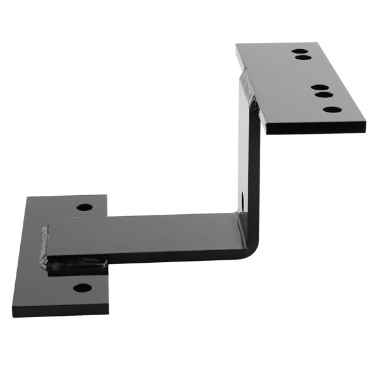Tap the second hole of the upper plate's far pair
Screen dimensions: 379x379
pos(303,58)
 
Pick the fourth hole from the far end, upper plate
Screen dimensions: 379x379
pos(324,95)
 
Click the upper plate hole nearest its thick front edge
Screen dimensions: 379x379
pos(332,109)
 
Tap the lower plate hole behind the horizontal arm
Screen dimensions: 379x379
pos(84,207)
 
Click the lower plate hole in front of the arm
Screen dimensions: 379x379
pos(82,288)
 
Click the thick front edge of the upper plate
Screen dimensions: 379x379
pos(316,127)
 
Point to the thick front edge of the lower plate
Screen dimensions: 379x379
pos(60,311)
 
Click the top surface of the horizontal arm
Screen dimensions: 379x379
pos(145,234)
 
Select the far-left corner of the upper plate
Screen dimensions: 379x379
pos(237,45)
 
